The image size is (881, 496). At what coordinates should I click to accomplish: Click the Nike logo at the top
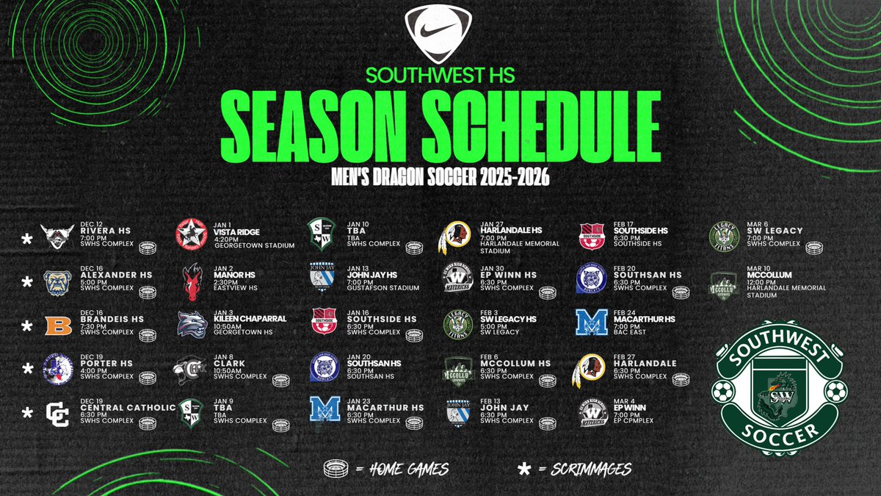(438, 35)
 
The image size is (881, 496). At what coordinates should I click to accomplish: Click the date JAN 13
(359, 267)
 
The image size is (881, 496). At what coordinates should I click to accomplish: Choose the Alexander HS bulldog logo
(57, 281)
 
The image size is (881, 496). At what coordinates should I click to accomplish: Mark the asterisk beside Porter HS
(27, 368)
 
